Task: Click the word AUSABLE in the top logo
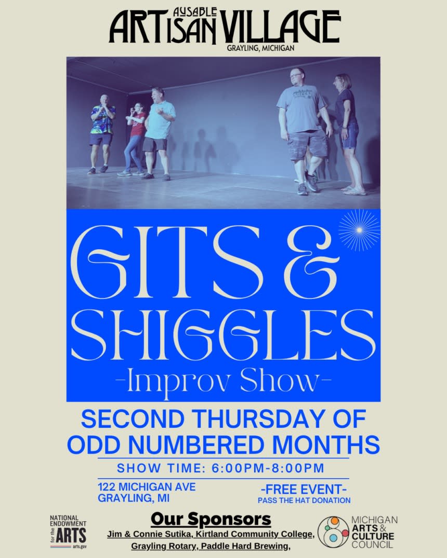(194, 12)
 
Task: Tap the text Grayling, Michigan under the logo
(260, 48)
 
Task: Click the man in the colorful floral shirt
(101, 134)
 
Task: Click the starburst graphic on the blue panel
(359, 230)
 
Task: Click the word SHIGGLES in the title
(223, 334)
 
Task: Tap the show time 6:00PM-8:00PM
(268, 468)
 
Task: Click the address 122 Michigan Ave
(147, 486)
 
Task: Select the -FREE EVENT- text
(304, 489)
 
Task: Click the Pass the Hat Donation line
(304, 500)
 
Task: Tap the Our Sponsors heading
(211, 519)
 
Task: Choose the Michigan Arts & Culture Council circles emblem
(333, 532)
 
